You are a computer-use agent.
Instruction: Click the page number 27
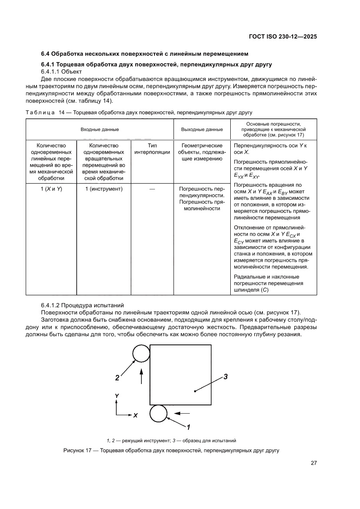click(x=313, y=463)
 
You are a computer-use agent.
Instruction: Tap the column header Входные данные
click(x=99, y=129)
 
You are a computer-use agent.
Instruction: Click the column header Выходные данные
click(x=202, y=129)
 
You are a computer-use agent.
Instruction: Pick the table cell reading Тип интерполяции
click(x=151, y=149)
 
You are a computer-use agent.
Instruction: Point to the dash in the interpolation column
click(x=152, y=189)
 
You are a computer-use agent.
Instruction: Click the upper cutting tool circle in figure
click(x=141, y=353)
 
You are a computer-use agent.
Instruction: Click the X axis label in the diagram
click(x=136, y=415)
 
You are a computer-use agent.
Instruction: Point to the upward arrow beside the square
click(x=142, y=375)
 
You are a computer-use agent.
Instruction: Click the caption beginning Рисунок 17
click(x=171, y=450)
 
